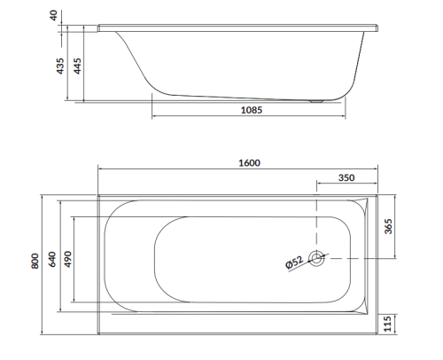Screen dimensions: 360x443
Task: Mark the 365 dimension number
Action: [389, 226]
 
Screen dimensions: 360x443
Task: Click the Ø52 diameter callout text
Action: [294, 261]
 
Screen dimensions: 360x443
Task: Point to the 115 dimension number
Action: [388, 325]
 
